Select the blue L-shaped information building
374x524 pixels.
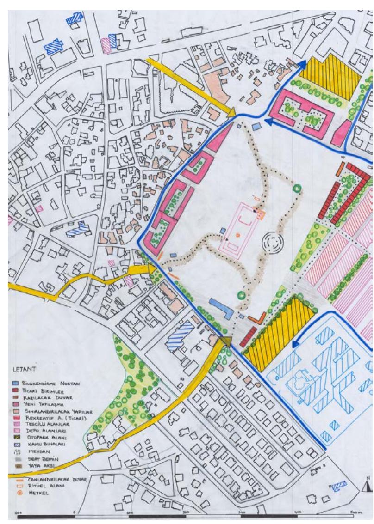222,307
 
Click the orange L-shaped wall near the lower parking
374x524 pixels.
257,318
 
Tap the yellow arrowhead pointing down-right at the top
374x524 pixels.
231,111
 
